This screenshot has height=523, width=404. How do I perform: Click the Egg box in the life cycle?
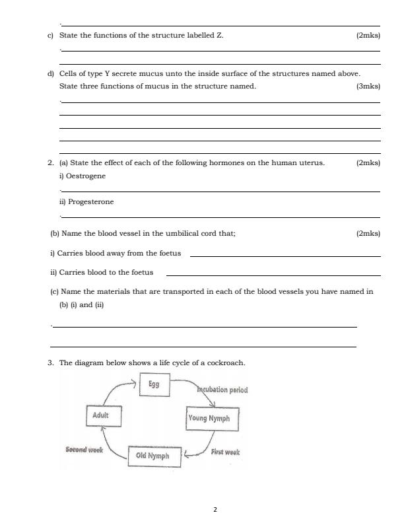[x=154, y=384]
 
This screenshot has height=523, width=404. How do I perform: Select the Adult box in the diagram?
[x=101, y=416]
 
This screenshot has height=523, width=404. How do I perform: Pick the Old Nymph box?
[x=152, y=456]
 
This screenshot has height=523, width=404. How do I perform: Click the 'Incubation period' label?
[x=222, y=390]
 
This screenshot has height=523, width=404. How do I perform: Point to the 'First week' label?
[x=225, y=452]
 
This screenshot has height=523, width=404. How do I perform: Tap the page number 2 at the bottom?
[x=215, y=509]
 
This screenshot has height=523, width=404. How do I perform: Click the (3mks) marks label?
[x=368, y=87]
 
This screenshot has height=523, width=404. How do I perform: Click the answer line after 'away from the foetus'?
[x=285, y=256]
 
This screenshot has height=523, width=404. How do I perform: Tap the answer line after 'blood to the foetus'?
[x=273, y=275]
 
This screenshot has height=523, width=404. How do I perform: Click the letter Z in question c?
[x=219, y=35]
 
